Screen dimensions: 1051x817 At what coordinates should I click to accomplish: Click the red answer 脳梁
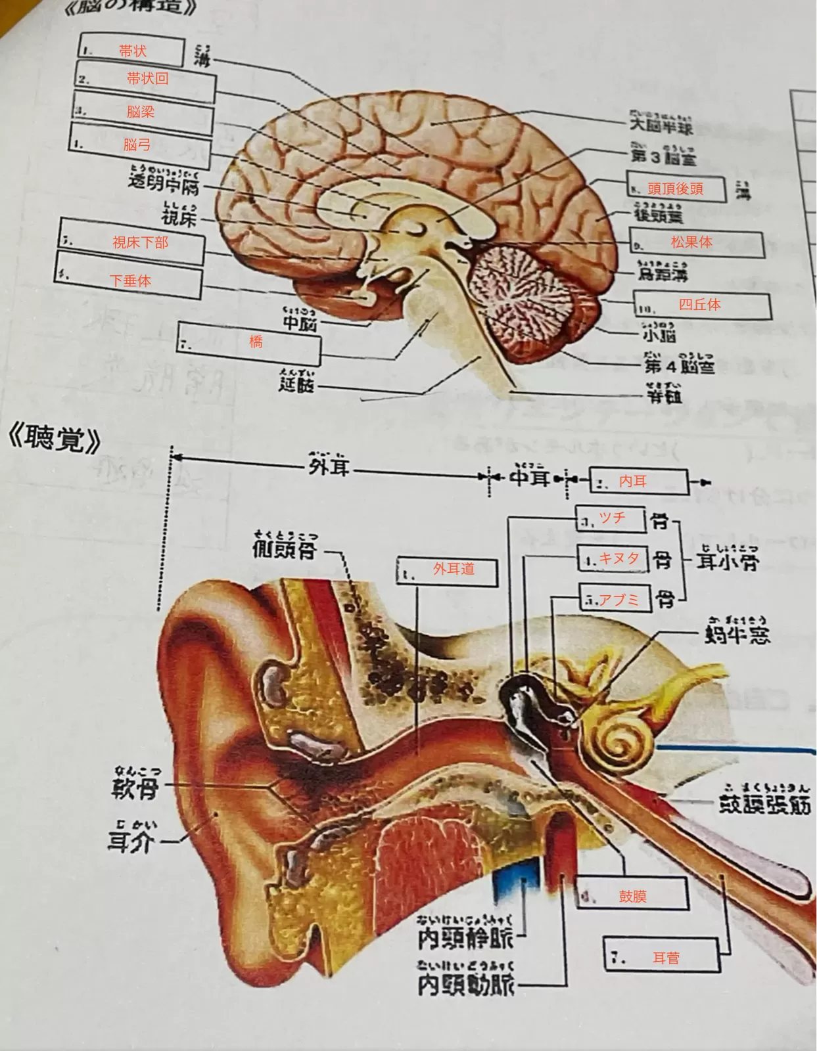[x=141, y=112]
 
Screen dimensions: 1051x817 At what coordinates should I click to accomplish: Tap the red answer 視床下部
[x=140, y=242]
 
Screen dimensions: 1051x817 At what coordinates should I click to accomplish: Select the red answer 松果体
[x=691, y=242]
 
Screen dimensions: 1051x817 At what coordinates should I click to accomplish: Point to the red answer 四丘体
[x=699, y=304]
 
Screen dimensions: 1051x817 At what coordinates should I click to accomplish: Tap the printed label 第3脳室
[x=663, y=156]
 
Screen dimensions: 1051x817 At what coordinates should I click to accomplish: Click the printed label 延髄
[x=296, y=384]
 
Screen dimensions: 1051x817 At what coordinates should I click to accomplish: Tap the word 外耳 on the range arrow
[x=329, y=468]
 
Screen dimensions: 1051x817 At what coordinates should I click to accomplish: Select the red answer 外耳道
[x=454, y=569]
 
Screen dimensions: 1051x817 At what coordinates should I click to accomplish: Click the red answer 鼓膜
[x=633, y=896]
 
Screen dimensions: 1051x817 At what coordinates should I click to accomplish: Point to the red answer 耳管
[x=666, y=958]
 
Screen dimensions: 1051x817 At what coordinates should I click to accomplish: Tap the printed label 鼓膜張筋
[x=764, y=804]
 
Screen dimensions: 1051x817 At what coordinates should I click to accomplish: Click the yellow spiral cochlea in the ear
[x=621, y=739]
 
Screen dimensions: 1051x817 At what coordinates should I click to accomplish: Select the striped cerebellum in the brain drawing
[x=526, y=296]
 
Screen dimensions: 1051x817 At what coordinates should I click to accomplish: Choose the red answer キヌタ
[x=619, y=558]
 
